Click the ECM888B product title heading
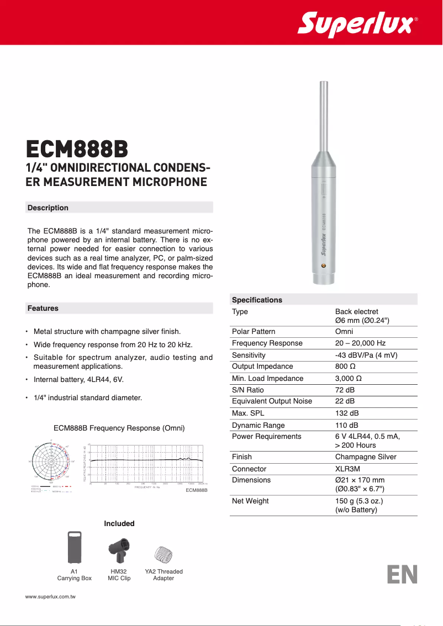[77, 149]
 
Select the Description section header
[48, 208]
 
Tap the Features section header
[43, 308]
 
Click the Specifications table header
[257, 300]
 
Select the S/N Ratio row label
[247, 390]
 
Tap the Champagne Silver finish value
[366, 457]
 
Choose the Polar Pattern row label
[253, 332]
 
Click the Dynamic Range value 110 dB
[346, 425]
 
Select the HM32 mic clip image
[119, 549]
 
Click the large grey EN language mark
[402, 575]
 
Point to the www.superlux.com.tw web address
[50, 597]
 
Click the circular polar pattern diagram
[51, 461]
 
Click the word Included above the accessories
[119, 523]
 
